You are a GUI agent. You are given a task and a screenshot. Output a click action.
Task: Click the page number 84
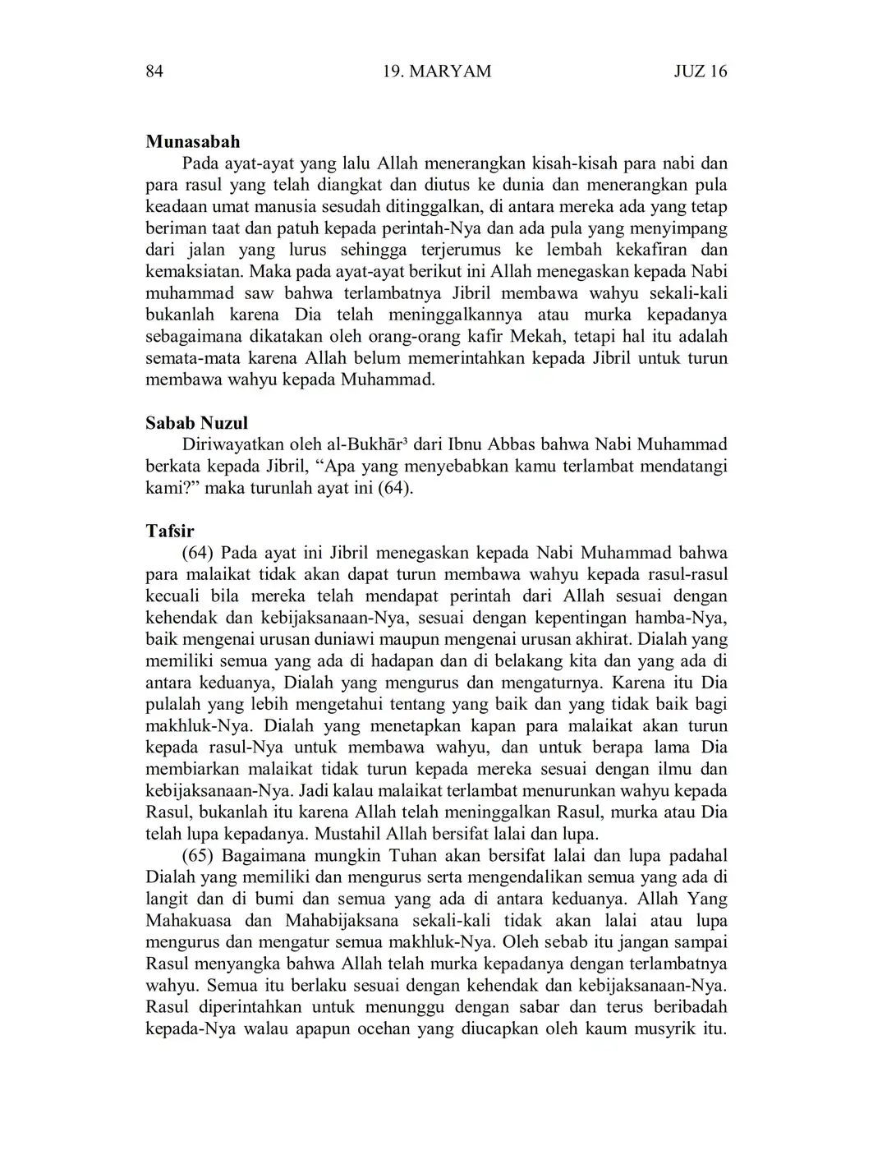[154, 71]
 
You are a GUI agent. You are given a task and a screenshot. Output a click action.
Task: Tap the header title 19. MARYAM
[437, 71]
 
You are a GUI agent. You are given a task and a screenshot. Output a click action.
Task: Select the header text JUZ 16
[701, 71]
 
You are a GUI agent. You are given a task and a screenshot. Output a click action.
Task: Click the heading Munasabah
[193, 142]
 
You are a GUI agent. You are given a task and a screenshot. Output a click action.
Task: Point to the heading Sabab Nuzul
[196, 424]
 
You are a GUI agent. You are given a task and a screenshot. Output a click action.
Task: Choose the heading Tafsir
[169, 531]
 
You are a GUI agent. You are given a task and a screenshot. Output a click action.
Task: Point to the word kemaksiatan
[194, 272]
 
